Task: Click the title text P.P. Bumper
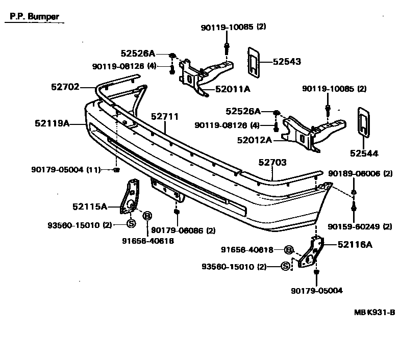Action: (x=34, y=16)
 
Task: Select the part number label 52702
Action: (x=65, y=87)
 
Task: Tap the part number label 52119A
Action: (x=52, y=123)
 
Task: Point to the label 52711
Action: (x=164, y=117)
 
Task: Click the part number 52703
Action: (x=272, y=163)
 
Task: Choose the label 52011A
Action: (x=233, y=89)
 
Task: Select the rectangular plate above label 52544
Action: (x=363, y=122)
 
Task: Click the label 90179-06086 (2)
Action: (x=177, y=230)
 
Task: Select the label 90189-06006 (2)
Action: (x=360, y=174)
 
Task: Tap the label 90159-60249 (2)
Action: (x=360, y=226)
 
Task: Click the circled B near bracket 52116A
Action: (x=288, y=250)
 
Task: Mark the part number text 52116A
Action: (x=355, y=244)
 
